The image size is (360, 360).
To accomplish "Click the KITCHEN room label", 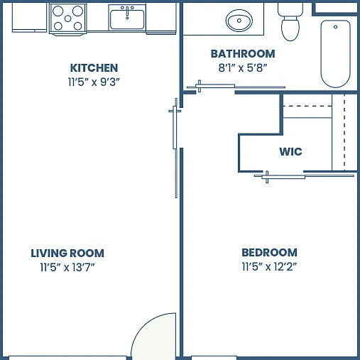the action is (94, 68).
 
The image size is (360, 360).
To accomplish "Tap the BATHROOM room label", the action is (243, 54).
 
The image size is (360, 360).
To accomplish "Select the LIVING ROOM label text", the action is (67, 253).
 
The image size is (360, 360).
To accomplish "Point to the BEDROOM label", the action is (269, 253).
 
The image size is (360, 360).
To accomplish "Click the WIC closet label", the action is (290, 152).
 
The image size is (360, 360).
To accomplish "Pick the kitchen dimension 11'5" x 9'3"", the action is (94, 82).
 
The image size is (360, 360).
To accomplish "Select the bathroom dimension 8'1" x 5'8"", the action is (243, 68).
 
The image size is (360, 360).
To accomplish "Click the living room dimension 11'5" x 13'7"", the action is (67, 268).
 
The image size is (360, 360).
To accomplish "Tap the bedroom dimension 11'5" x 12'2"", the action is (269, 267).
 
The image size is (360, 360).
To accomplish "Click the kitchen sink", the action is (127, 20).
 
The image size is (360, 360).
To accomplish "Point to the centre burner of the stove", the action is (67, 18).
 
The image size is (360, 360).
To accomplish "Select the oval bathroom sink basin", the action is (239, 21).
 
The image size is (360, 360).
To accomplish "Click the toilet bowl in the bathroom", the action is (290, 28).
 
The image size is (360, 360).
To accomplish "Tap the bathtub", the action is (335, 54).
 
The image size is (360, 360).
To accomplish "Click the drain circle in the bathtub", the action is (335, 27).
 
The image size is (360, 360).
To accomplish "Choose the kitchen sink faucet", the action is (127, 12).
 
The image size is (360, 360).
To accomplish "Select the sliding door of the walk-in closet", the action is (304, 176).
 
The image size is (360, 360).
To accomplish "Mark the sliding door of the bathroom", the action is (236, 87).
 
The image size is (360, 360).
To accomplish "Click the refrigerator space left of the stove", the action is (29, 17).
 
